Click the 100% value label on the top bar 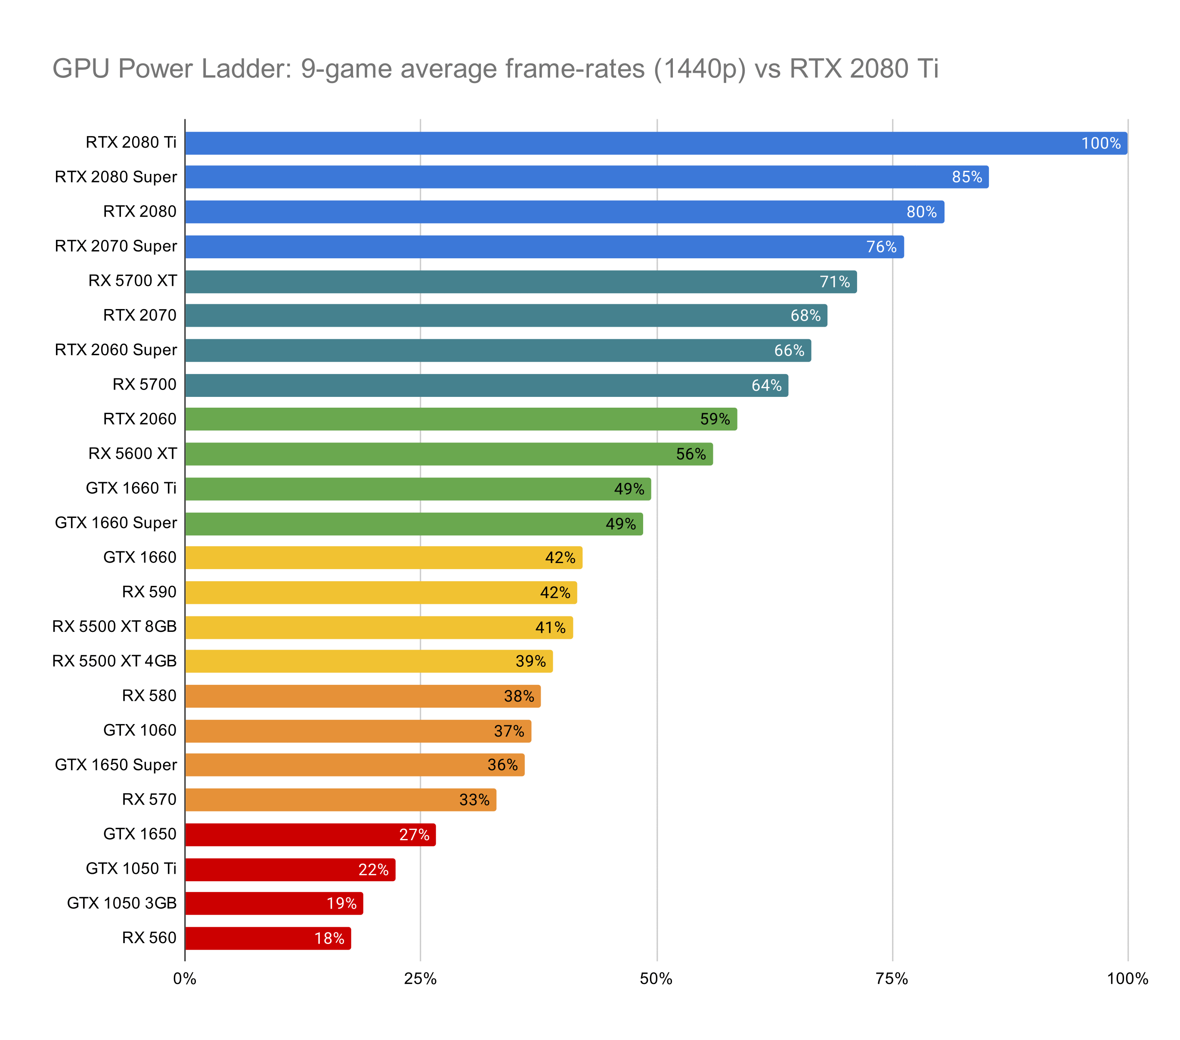tap(1100, 143)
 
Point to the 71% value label tap(835, 282)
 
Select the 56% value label tap(691, 454)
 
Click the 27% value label tap(414, 835)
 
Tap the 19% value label tap(341, 903)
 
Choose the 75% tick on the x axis tap(892, 979)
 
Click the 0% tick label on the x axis tap(185, 979)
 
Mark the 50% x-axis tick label tap(657, 979)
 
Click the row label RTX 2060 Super tap(115, 350)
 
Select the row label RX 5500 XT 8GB tap(115, 626)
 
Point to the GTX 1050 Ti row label tap(131, 869)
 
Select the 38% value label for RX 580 tap(518, 696)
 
